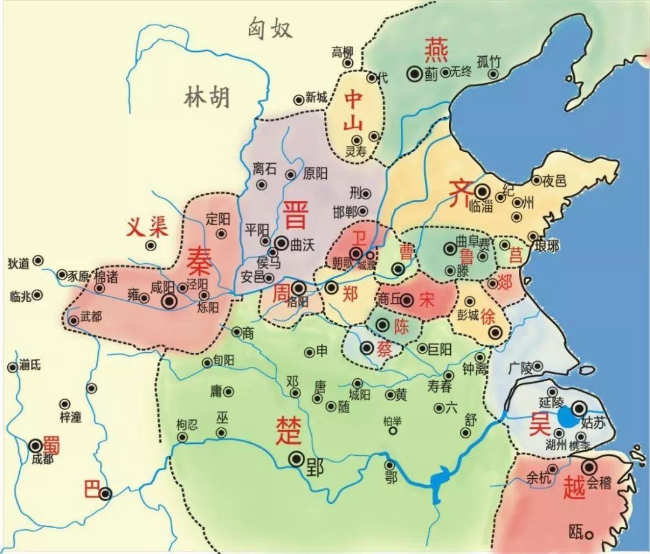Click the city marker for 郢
tap(296, 459)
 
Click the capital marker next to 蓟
tap(415, 73)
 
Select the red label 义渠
tap(147, 227)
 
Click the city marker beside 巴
tap(106, 494)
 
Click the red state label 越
tap(574, 488)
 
